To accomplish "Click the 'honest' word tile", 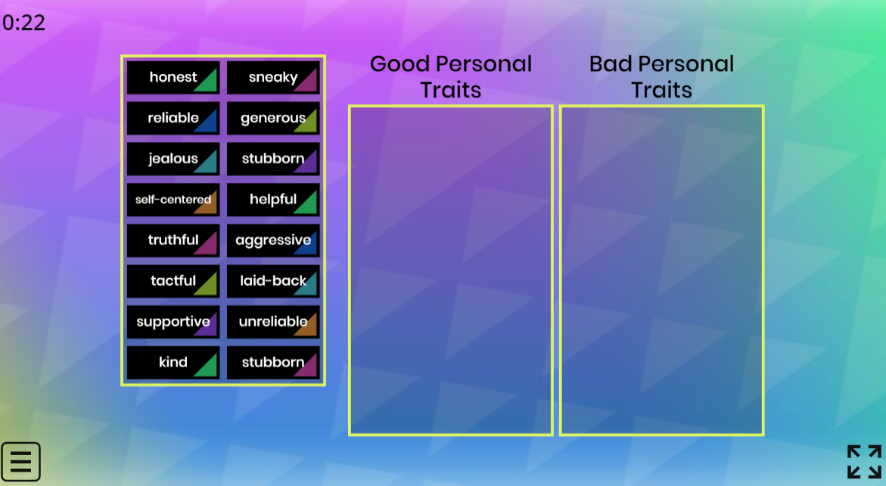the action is [x=173, y=77].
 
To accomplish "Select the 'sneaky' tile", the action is [x=273, y=77].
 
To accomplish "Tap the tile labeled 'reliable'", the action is [x=173, y=118].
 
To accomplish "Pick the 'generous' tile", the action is [x=273, y=118].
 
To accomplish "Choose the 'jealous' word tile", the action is [x=173, y=159].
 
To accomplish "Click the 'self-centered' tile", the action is [x=173, y=200].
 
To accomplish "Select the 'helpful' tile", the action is [x=273, y=200].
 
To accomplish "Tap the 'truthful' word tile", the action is [x=173, y=240].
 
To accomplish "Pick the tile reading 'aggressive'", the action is [x=273, y=240].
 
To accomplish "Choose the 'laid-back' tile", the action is [x=273, y=280].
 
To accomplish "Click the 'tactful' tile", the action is [x=173, y=280].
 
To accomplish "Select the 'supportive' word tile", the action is [x=173, y=321].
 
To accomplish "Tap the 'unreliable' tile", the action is [x=273, y=321].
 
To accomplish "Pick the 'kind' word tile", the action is [x=173, y=362].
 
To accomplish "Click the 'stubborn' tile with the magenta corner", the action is [x=273, y=362].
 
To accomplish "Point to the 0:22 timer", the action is [x=23, y=23].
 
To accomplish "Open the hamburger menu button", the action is [x=20, y=462].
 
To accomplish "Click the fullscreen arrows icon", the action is [x=864, y=462].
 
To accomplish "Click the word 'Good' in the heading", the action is [x=400, y=63].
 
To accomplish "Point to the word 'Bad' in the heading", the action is [x=611, y=63].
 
